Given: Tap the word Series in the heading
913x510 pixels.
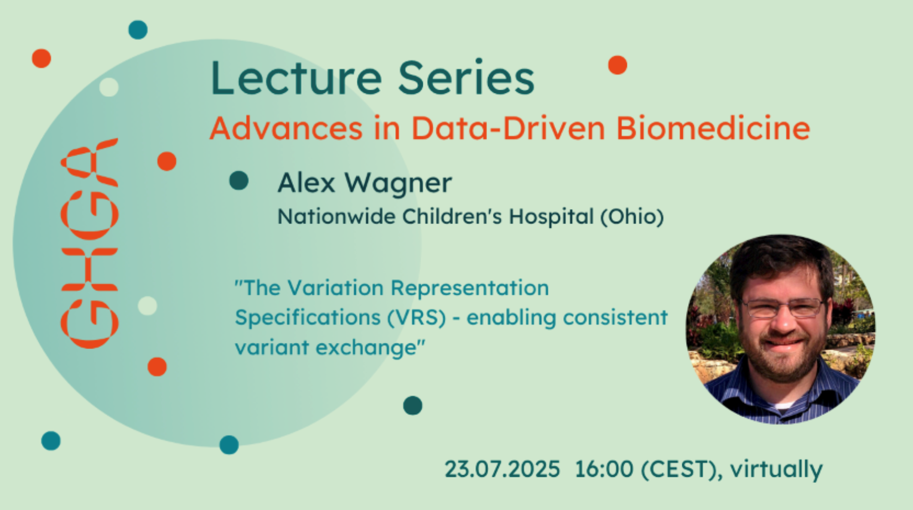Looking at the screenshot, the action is point(465,78).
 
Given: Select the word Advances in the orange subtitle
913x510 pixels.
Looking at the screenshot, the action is point(286,128).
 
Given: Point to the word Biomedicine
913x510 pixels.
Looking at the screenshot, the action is point(713,128).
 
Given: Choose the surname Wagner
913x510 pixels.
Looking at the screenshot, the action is point(398,184).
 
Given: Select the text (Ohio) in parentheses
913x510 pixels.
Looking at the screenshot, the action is point(632,216).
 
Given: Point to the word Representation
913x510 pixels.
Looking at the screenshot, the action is point(470,288).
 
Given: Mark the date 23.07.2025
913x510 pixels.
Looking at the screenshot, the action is point(502,469).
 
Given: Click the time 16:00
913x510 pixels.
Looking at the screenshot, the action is point(604,469).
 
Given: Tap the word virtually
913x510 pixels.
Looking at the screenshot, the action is point(776,470).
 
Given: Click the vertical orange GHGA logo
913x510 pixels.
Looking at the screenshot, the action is point(90,243).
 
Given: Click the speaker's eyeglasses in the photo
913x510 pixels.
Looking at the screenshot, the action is point(782,308).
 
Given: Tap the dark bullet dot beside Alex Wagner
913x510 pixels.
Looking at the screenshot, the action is point(239,180).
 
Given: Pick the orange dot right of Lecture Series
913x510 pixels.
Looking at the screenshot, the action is point(618,65).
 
